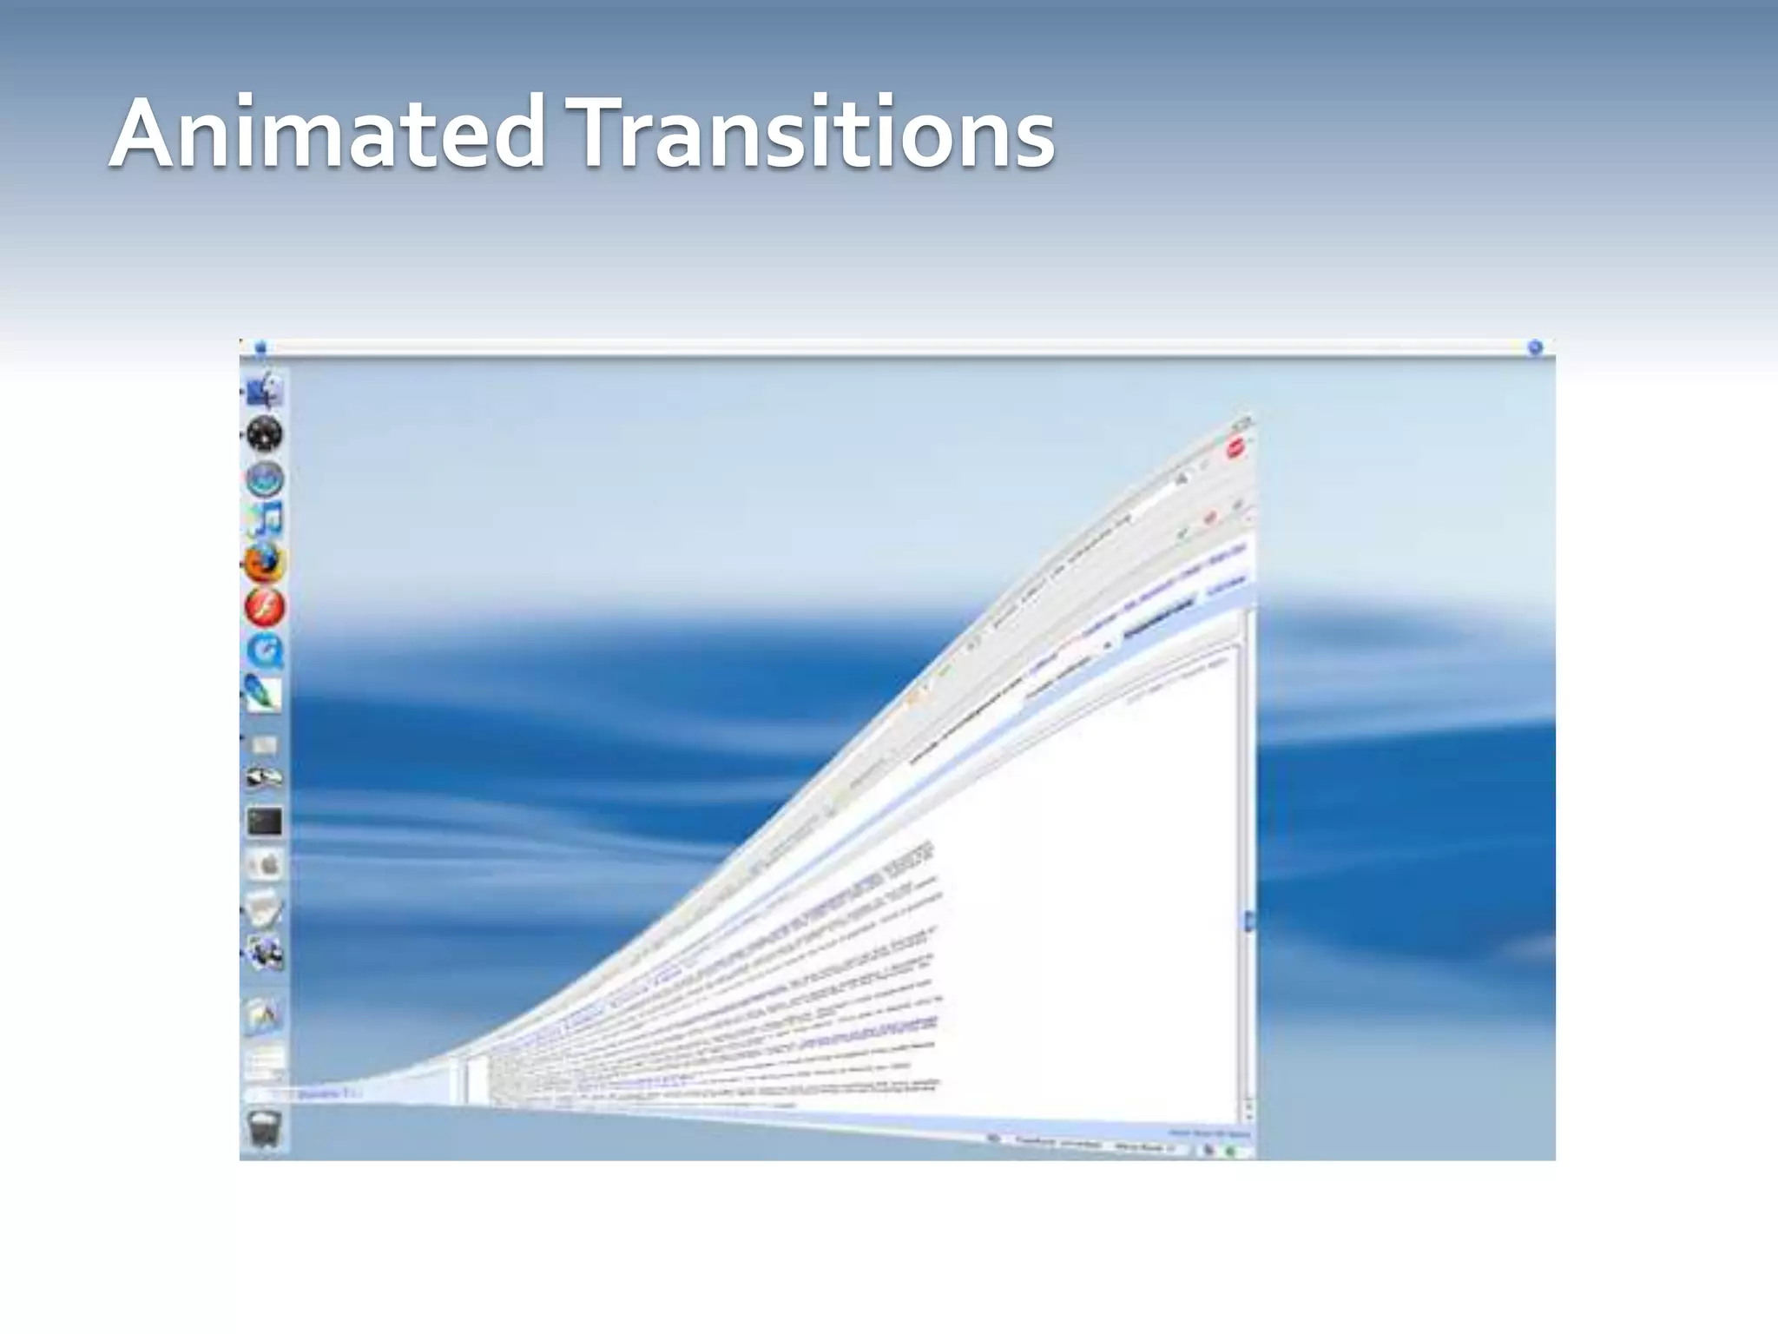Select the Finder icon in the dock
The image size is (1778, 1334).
point(263,390)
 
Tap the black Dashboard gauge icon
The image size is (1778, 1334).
point(264,433)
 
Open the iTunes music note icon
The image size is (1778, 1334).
point(265,520)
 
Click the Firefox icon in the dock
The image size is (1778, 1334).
point(264,564)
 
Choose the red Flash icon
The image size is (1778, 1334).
point(265,607)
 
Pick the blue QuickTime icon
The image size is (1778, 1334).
point(265,650)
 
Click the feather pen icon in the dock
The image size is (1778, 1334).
point(264,693)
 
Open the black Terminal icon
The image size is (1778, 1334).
point(265,822)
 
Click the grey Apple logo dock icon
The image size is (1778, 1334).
point(265,865)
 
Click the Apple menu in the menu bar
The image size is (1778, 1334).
point(260,348)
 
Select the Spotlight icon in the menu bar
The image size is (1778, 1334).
point(1535,348)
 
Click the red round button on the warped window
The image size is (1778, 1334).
point(1235,449)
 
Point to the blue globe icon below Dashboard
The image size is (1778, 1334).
point(265,478)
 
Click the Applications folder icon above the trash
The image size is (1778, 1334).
point(264,1014)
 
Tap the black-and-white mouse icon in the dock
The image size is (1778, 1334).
point(264,777)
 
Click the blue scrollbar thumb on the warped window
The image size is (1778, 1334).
point(1249,921)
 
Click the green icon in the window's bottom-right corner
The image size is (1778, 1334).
point(1230,1151)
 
